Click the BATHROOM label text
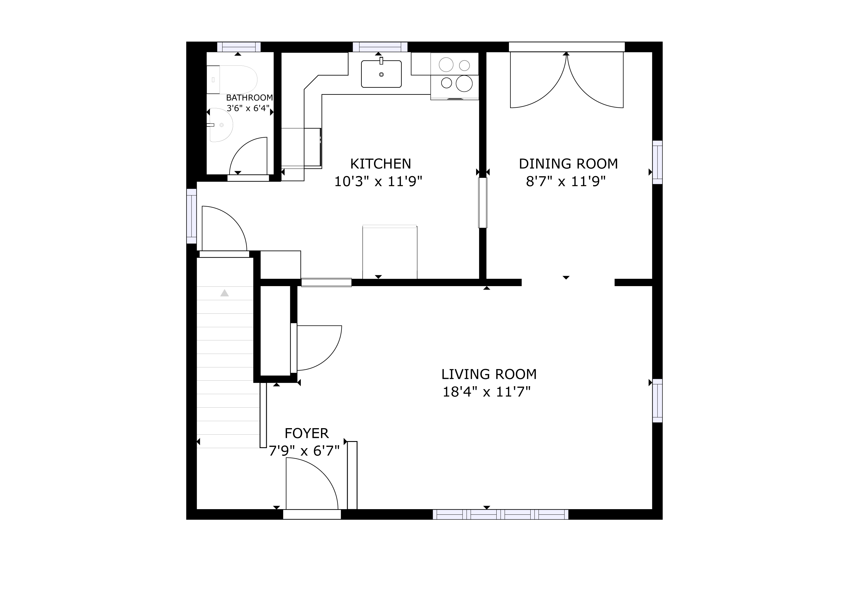click(x=249, y=98)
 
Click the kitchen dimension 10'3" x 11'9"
click(x=378, y=181)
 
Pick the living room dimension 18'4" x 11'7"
click(x=487, y=391)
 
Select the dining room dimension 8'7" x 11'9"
click(x=566, y=181)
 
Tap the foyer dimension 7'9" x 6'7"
click(x=304, y=451)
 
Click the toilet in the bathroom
click(x=232, y=80)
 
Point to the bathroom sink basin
click(x=221, y=125)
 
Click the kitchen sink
click(x=381, y=74)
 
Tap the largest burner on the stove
click(x=464, y=83)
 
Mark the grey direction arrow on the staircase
click(x=225, y=293)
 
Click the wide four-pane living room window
click(x=501, y=514)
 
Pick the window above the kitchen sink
click(x=380, y=47)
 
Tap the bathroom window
click(x=239, y=47)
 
